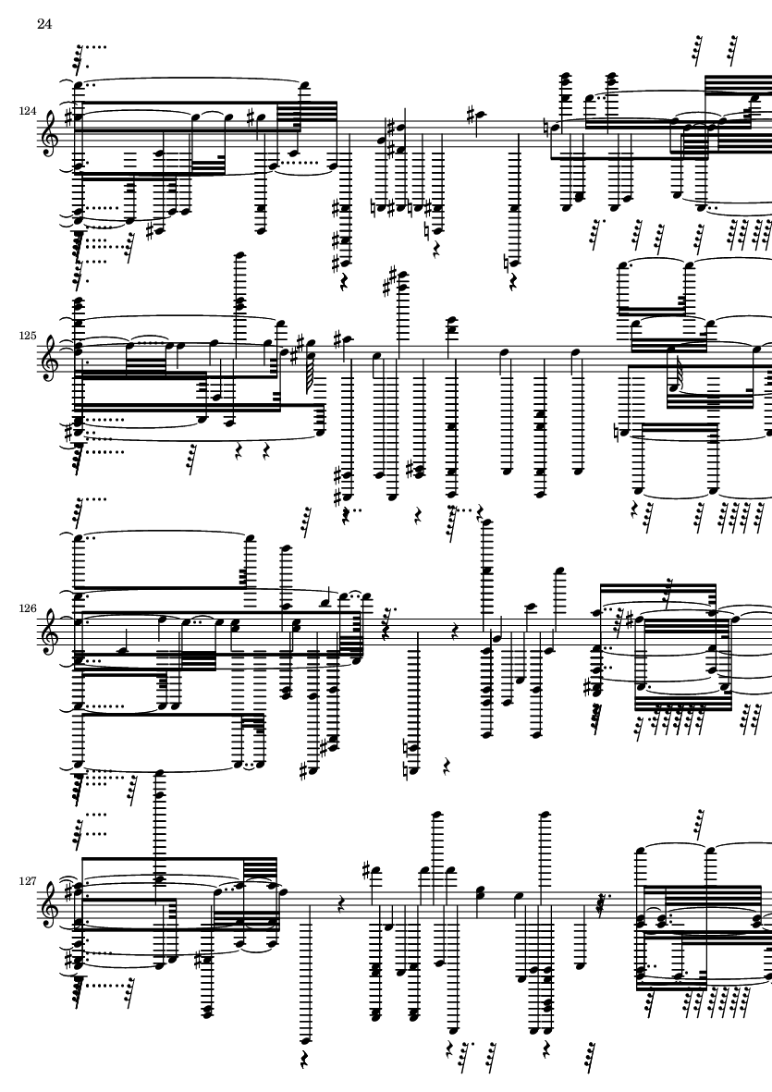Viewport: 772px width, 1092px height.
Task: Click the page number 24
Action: point(44,24)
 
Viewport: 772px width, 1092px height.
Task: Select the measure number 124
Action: point(29,112)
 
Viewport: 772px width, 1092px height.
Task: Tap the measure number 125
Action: point(29,336)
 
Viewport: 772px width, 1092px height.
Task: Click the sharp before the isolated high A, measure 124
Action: point(472,112)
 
